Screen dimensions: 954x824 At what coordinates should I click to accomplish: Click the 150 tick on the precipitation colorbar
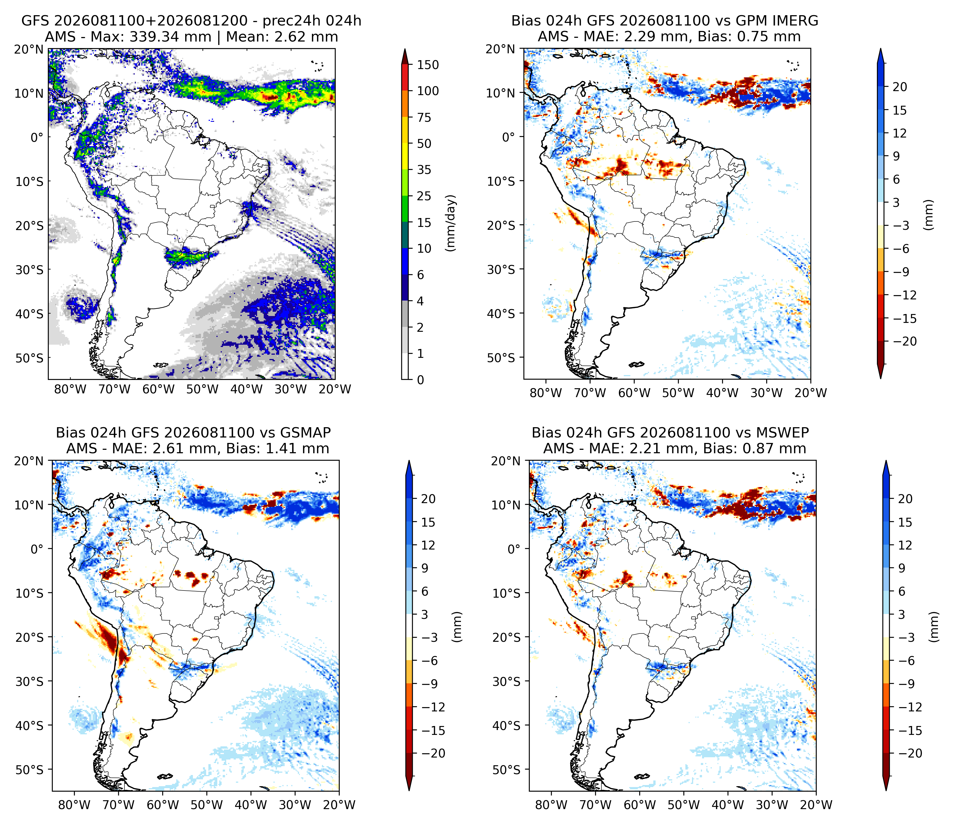428,65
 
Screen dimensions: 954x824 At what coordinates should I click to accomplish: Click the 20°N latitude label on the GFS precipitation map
29,49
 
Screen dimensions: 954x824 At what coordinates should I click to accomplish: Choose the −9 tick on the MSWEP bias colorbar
905,684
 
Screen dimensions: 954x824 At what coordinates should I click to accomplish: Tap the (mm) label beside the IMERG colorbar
929,214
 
